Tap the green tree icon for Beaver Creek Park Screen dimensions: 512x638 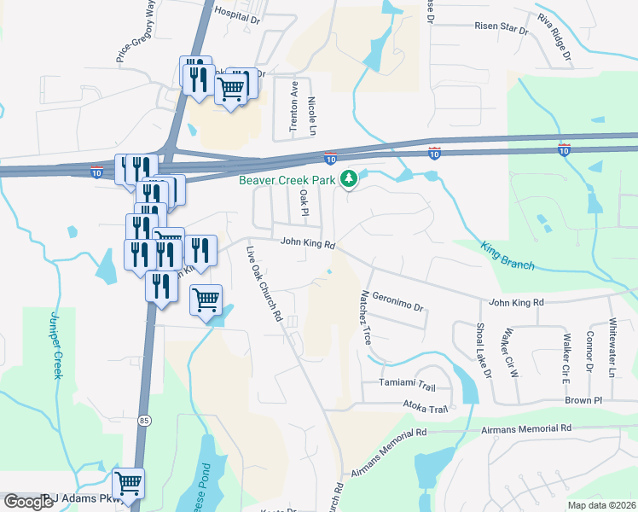pos(348,178)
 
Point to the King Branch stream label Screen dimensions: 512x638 pos(507,257)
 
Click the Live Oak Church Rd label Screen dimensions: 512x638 pos(264,283)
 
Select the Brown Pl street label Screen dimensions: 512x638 pos(583,399)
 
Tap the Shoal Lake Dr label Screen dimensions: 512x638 pos(484,351)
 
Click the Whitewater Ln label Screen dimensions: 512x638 pos(612,348)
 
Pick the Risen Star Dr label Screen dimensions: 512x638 pos(502,27)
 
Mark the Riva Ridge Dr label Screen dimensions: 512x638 pos(554,40)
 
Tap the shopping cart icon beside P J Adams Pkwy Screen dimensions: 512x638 pos(128,485)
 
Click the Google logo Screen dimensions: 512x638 pos(28,502)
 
